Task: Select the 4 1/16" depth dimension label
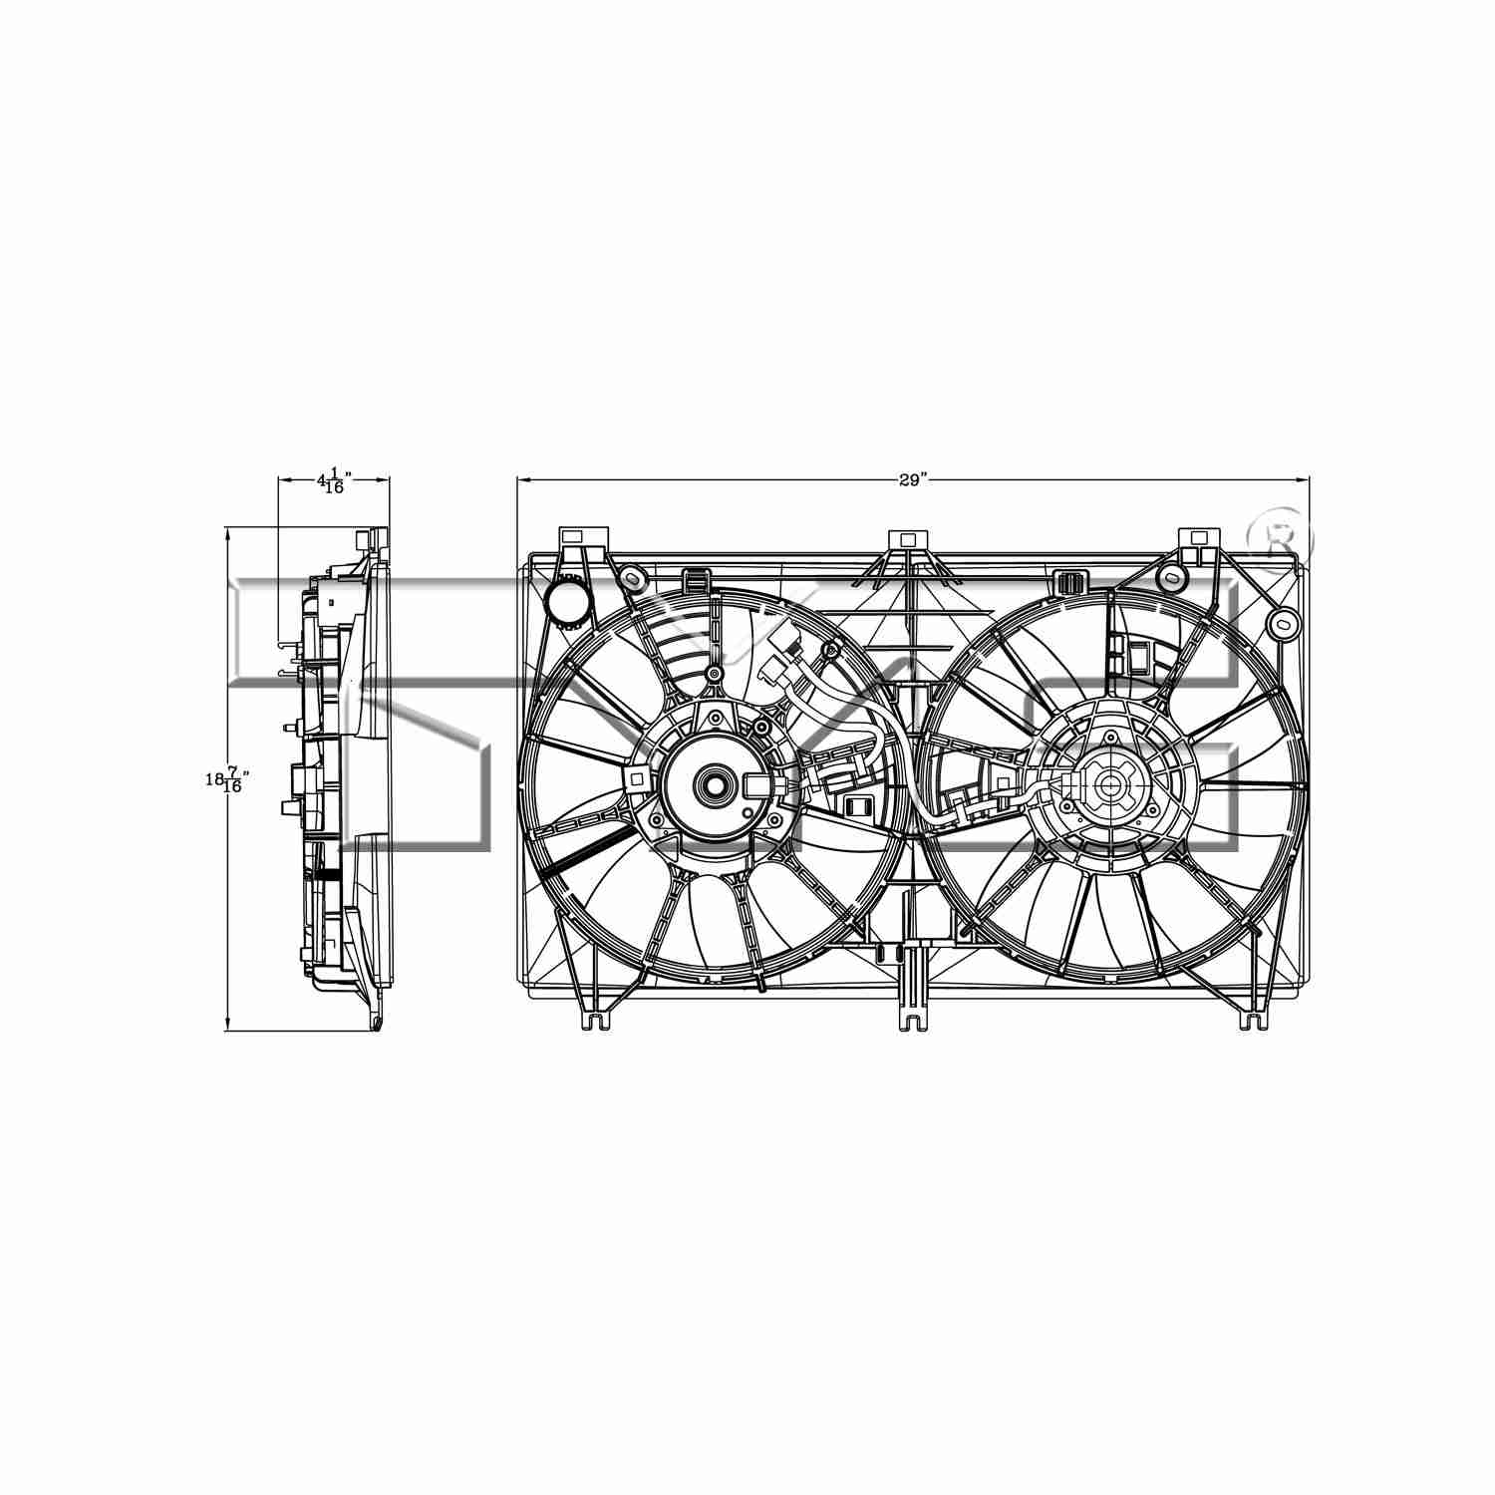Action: point(331,482)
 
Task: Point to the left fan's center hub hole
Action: point(715,782)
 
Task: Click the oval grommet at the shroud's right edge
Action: point(1280,625)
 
